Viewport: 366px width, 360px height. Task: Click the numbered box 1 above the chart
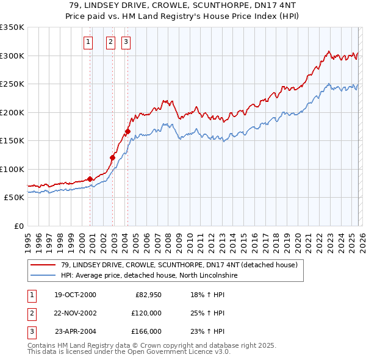88,42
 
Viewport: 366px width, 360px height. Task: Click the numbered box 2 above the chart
110,42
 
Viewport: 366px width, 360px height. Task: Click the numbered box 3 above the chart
126,42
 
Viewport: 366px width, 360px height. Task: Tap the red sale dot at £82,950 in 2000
90,179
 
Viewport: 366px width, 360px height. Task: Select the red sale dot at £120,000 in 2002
113,157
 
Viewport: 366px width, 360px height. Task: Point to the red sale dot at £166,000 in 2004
128,131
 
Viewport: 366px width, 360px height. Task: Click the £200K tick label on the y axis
12,112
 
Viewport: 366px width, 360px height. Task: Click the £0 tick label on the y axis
18,226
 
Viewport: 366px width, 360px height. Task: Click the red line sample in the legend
43,265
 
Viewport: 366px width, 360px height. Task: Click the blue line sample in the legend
43,275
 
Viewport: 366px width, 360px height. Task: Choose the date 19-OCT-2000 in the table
75,295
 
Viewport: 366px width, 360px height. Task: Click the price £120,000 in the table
146,313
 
